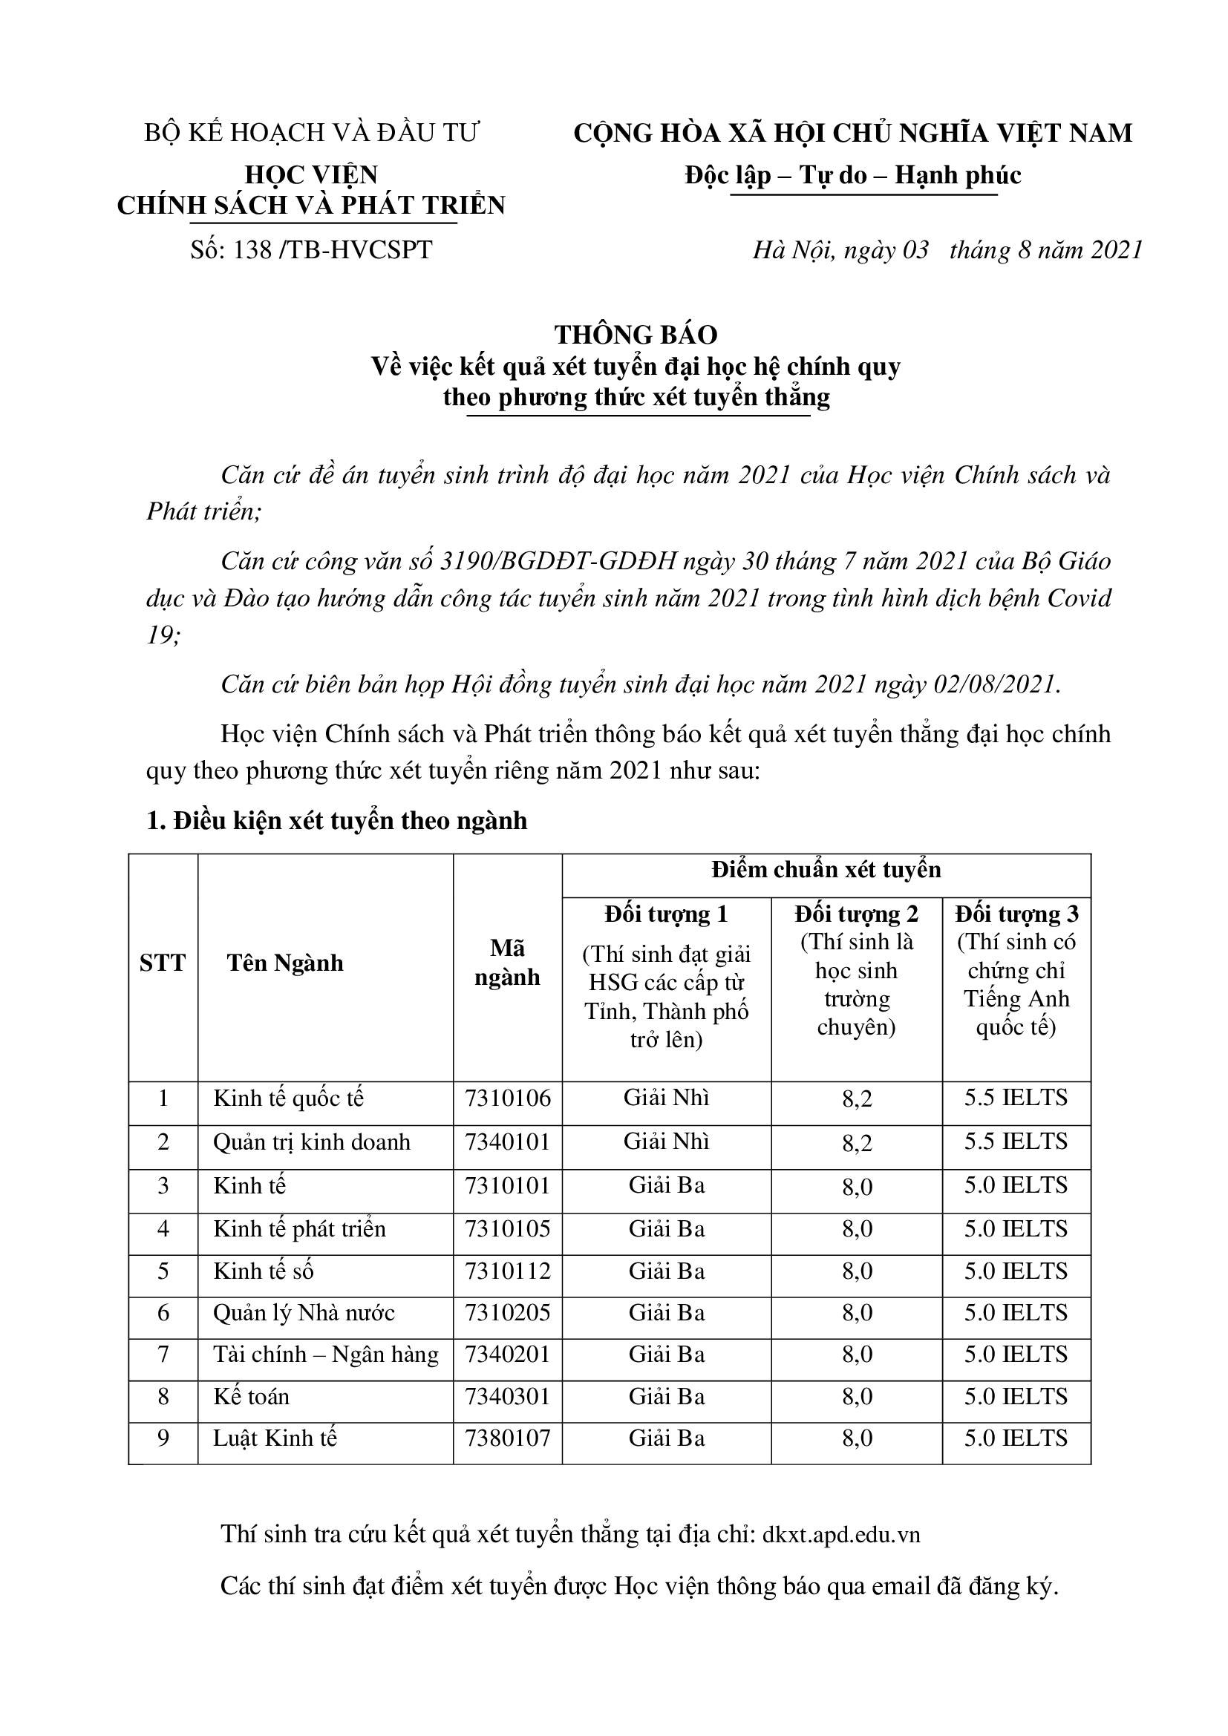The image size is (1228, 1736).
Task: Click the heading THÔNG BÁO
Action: pos(636,335)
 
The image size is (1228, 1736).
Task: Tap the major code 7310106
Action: pos(507,1098)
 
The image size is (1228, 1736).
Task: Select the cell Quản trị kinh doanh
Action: pos(312,1141)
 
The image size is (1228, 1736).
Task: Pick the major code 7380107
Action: pos(507,1438)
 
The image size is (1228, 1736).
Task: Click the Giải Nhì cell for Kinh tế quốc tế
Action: pos(666,1098)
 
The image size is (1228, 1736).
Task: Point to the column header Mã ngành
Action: pos(507,963)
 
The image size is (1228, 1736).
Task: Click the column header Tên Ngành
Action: pos(285,963)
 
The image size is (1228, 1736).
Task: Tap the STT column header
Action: pos(163,963)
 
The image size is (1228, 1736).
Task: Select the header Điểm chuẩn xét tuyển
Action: pos(826,871)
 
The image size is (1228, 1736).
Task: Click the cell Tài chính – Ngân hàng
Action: pos(326,1355)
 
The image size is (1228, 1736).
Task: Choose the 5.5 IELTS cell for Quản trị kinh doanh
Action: pos(1016,1141)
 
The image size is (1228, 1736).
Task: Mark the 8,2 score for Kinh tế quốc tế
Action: pos(857,1098)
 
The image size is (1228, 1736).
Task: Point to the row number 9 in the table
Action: pos(163,1438)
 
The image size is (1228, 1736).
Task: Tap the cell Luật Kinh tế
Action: pos(275,1438)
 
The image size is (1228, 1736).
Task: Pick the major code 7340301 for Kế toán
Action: pos(507,1396)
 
